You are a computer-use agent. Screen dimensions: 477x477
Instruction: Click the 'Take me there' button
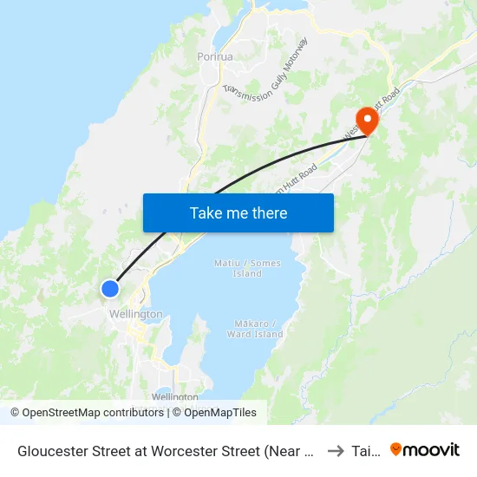238,212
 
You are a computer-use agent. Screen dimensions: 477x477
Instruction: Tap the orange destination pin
367,121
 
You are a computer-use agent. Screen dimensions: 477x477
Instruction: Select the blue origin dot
110,289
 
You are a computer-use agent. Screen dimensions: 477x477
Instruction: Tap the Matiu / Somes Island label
247,268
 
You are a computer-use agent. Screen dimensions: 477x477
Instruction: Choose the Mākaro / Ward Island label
256,329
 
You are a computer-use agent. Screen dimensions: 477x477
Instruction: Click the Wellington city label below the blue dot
135,314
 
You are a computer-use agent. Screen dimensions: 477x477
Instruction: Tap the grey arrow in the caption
335,450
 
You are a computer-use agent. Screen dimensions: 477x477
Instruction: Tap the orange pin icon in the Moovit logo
396,449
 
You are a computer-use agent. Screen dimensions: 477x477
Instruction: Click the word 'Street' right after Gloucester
114,450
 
